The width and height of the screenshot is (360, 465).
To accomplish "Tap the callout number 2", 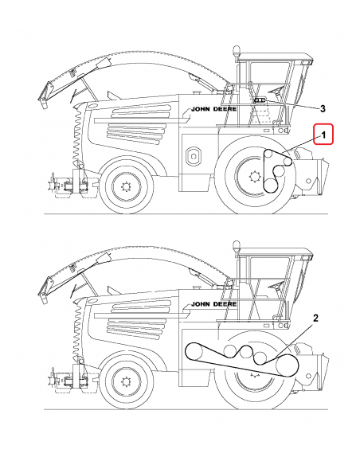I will pyautogui.click(x=315, y=318).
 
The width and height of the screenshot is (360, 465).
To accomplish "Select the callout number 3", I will pyautogui.click(x=323, y=107).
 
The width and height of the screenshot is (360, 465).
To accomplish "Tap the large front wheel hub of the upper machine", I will pyautogui.click(x=255, y=175).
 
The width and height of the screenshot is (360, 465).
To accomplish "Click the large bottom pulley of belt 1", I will pyautogui.click(x=272, y=185).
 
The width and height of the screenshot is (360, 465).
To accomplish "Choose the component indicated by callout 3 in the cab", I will pyautogui.click(x=259, y=101).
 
